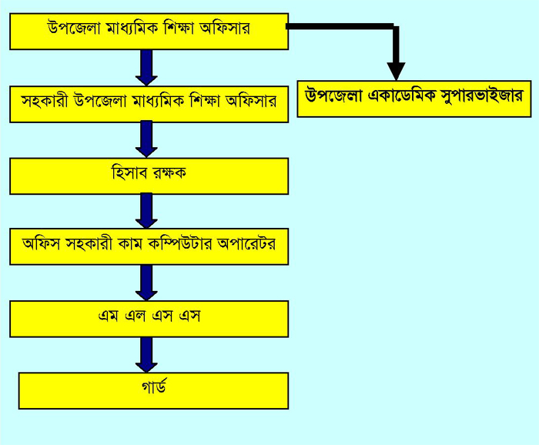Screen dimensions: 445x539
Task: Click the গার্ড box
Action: tap(153, 390)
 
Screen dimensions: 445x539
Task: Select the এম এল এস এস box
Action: tap(149, 319)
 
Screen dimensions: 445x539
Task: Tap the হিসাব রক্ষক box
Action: tap(149, 176)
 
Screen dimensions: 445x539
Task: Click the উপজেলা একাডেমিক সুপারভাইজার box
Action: tap(413, 98)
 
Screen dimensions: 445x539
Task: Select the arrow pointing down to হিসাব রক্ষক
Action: tap(146, 139)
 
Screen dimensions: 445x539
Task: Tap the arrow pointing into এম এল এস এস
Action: tap(146, 283)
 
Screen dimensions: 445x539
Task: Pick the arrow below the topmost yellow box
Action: tap(146, 67)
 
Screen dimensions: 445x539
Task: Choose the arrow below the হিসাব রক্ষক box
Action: tap(146, 210)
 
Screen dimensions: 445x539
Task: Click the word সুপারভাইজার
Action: tap(477, 97)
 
